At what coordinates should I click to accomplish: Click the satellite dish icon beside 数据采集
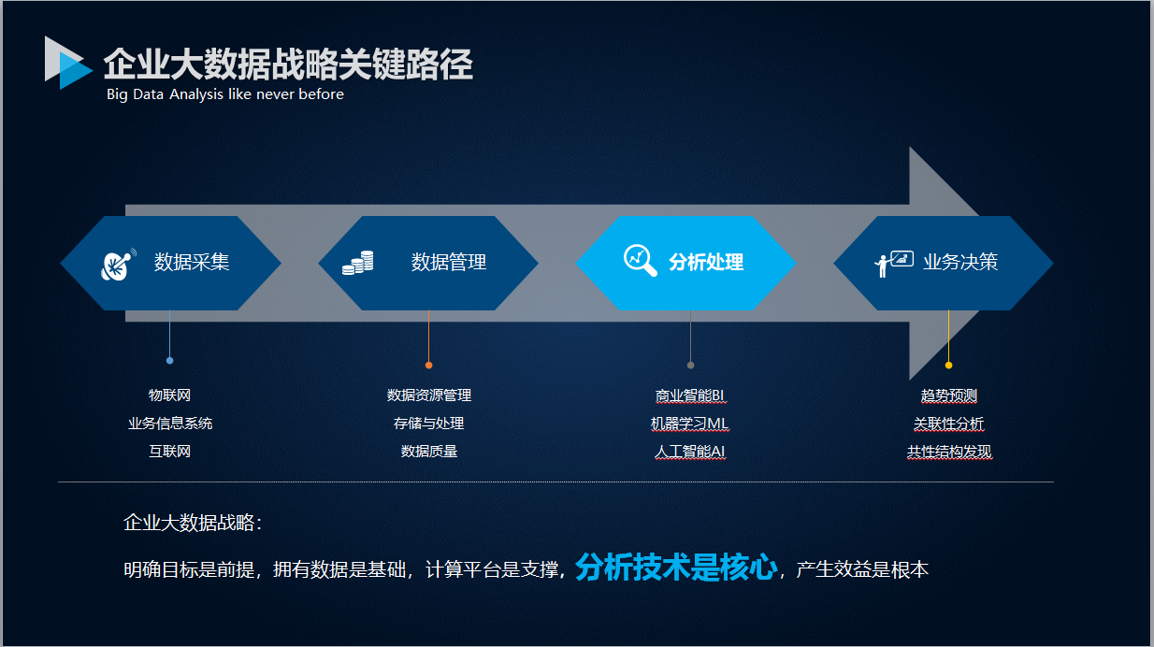[119, 265]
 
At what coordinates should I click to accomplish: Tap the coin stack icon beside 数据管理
[358, 263]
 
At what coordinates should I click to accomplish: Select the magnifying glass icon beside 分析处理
[641, 261]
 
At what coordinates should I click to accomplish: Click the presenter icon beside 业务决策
[894, 264]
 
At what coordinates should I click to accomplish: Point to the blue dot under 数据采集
[169, 361]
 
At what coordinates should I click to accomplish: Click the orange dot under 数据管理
[428, 366]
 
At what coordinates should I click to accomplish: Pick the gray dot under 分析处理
[690, 366]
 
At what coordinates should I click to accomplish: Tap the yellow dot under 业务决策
[948, 366]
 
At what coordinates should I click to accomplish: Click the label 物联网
[169, 395]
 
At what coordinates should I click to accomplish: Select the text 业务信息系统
[170, 424]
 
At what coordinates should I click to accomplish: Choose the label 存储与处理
[428, 424]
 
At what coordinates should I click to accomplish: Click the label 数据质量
[429, 452]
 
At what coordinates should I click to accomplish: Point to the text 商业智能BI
[690, 395]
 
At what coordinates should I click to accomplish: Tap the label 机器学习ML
[690, 424]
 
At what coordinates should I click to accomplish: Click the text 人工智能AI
[690, 452]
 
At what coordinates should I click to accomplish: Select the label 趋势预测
[949, 395]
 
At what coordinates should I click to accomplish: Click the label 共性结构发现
[949, 452]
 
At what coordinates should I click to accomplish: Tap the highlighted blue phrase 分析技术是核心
[676, 568]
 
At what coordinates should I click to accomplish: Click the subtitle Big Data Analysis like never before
[225, 94]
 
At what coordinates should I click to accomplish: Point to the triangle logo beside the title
[68, 63]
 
